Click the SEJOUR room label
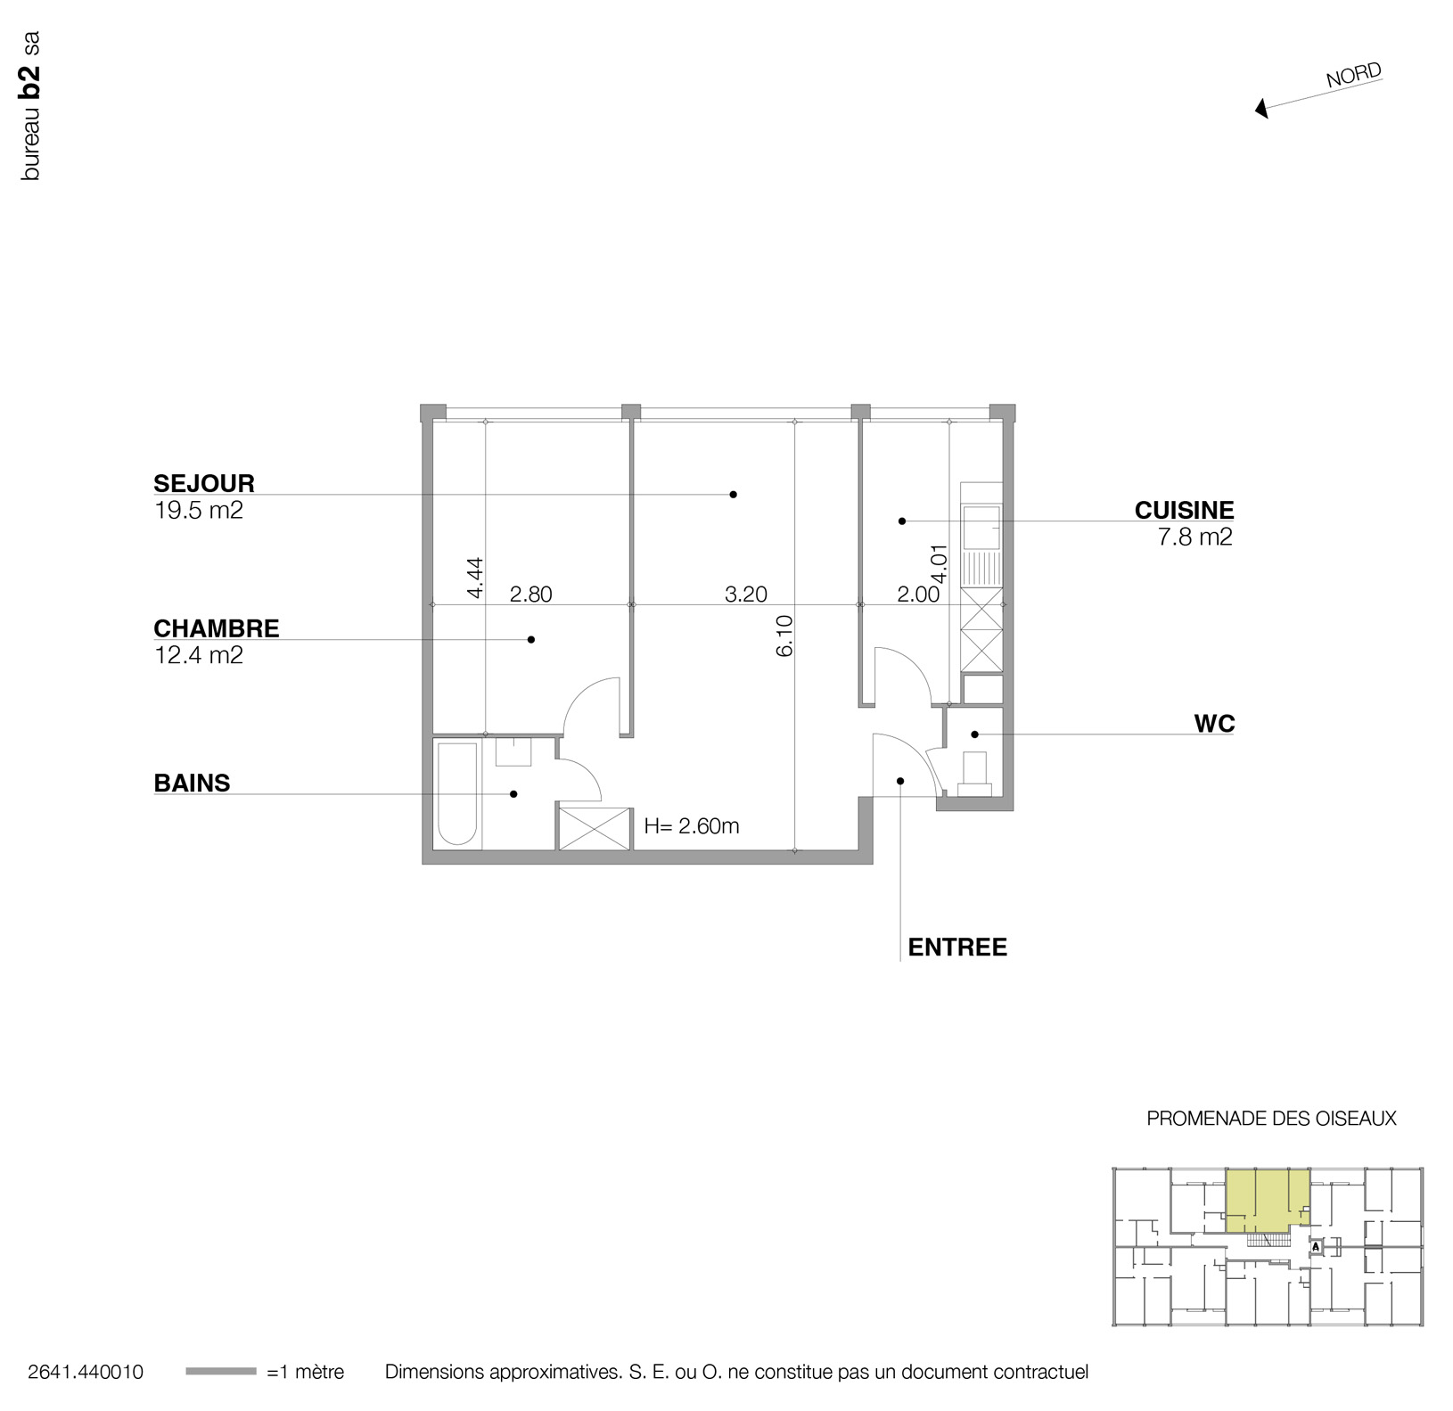(204, 483)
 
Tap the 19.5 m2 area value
(198, 511)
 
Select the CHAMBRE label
(217, 628)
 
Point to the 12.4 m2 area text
(198, 656)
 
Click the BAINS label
(192, 783)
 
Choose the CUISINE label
(1184, 510)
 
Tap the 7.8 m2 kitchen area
(1194, 537)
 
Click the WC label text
(1214, 724)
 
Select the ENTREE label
(956, 948)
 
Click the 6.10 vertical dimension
(784, 636)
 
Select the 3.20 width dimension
(745, 595)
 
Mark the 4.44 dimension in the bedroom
(474, 577)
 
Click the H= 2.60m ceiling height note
(691, 826)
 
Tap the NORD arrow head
(1260, 110)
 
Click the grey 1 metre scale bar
(220, 1372)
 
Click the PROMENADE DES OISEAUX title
(1270, 1118)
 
